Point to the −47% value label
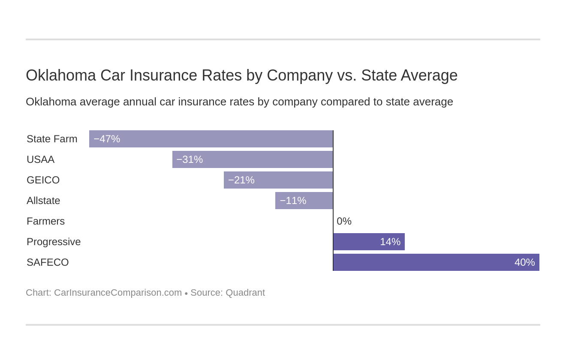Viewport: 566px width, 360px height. (107, 139)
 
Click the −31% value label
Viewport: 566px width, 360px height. (190, 159)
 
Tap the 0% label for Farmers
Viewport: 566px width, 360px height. (344, 221)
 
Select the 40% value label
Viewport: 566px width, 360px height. (524, 262)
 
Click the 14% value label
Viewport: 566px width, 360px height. (390, 242)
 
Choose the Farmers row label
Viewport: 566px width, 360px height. (45, 221)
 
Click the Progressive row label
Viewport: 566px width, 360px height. (54, 242)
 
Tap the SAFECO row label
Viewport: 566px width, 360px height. (48, 262)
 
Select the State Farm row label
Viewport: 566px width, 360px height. (52, 139)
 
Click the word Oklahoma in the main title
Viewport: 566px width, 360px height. (60, 75)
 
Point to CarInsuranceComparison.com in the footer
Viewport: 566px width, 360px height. (118, 293)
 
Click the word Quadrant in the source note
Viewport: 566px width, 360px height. (245, 293)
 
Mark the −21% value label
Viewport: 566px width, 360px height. (241, 180)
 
